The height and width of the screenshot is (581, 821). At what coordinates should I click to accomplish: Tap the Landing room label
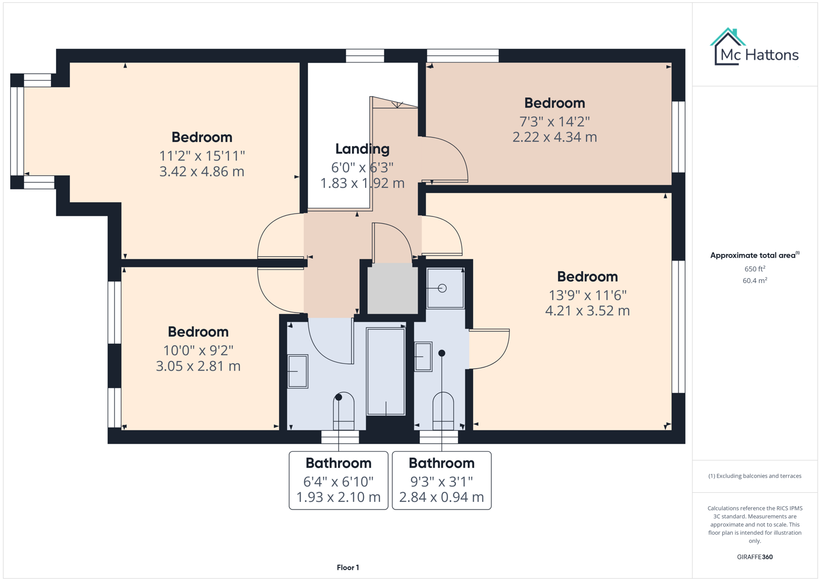[x=362, y=149]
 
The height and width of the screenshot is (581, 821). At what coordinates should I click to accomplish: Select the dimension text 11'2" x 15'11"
[x=202, y=156]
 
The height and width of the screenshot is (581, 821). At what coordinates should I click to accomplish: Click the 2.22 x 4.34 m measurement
[x=554, y=137]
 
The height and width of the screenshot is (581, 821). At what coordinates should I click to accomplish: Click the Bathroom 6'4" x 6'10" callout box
[x=338, y=480]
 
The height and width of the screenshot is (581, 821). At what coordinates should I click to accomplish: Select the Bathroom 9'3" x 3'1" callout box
[x=441, y=480]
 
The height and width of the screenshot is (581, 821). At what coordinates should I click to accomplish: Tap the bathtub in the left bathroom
[x=385, y=371]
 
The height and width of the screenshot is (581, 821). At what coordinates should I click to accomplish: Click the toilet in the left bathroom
[x=344, y=411]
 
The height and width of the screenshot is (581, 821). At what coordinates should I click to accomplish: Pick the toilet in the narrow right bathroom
[x=443, y=411]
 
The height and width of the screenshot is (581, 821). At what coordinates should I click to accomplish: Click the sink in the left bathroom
[x=297, y=371]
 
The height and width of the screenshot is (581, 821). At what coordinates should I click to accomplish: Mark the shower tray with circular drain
[x=445, y=288]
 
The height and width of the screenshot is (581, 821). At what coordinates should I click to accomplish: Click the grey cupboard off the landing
[x=392, y=288]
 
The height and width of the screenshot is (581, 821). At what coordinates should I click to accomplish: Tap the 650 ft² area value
[x=754, y=269]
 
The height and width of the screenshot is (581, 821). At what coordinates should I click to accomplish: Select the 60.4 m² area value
[x=754, y=281]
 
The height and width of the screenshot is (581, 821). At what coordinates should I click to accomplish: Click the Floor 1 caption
[x=348, y=568]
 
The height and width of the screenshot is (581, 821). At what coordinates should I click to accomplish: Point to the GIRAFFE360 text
[x=754, y=557]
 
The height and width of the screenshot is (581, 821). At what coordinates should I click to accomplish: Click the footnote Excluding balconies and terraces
[x=754, y=476]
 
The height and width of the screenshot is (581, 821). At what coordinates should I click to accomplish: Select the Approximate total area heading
[x=754, y=256]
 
